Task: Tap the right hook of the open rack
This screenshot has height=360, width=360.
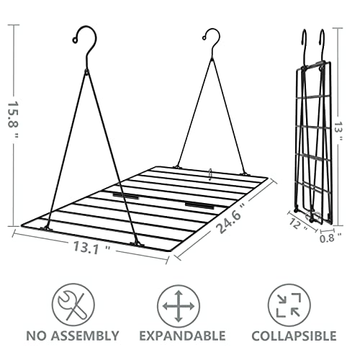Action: pyautogui.click(x=212, y=40)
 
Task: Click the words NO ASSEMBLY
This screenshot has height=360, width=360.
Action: pyautogui.click(x=73, y=336)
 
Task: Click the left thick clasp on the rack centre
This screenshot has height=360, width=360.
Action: pyautogui.click(x=125, y=195)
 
